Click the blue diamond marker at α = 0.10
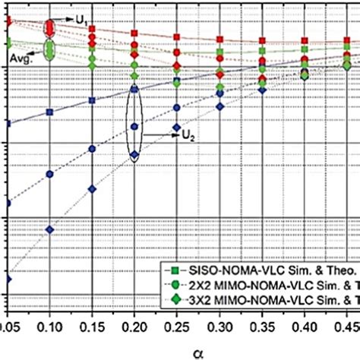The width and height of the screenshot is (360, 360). click(50, 229)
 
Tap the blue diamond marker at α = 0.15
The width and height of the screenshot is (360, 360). click(93, 189)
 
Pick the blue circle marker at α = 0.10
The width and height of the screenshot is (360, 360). click(50, 174)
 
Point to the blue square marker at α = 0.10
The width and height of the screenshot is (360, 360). click(50, 112)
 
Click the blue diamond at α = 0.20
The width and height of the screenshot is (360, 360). click(135, 155)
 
